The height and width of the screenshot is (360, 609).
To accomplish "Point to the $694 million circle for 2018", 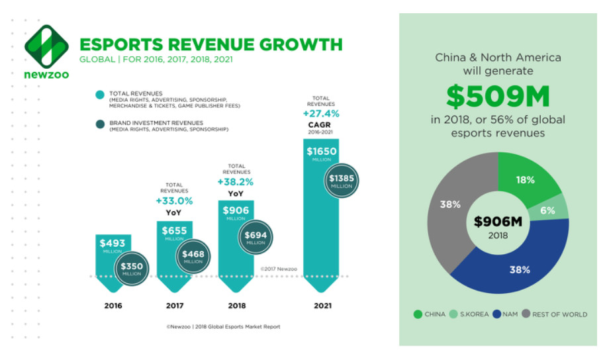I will [x=256, y=236].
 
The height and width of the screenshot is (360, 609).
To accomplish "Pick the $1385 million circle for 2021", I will [x=343, y=180].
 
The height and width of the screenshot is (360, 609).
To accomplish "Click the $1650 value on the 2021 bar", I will [x=322, y=152].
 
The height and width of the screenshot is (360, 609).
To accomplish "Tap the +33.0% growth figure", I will [x=175, y=201].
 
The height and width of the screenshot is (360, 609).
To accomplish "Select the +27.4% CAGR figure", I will [x=322, y=113].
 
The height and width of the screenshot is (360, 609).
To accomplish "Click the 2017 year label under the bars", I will [x=175, y=306].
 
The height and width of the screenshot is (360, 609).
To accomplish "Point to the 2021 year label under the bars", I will [x=322, y=306].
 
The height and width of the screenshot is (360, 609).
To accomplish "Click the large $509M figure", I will [x=498, y=97].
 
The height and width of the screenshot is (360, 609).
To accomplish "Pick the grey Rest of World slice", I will [x=451, y=205].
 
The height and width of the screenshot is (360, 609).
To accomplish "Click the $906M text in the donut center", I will [x=498, y=222].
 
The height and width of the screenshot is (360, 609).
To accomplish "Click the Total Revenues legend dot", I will [x=99, y=95].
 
